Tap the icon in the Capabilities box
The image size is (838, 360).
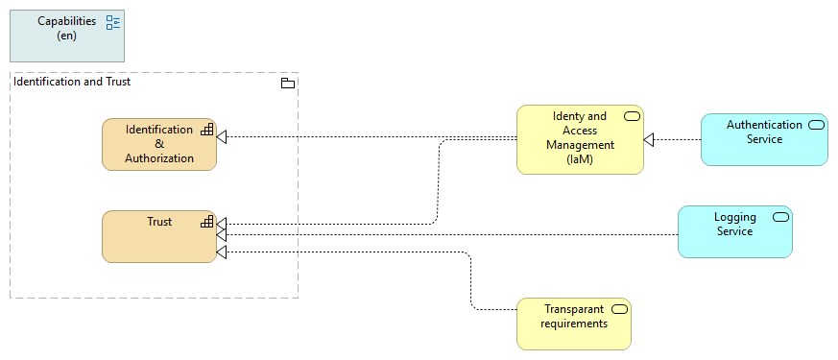click(x=113, y=22)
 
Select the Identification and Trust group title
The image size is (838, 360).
click(x=72, y=82)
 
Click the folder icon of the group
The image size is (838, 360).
click(x=287, y=84)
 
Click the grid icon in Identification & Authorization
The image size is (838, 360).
click(x=206, y=130)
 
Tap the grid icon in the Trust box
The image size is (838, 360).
click(x=206, y=222)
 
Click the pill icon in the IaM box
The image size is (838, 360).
click(x=632, y=116)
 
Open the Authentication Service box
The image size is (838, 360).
click(x=764, y=139)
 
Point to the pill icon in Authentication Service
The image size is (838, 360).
click(x=816, y=125)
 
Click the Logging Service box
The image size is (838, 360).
click(x=735, y=231)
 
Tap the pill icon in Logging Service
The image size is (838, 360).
click(x=780, y=217)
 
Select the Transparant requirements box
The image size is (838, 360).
click(x=574, y=324)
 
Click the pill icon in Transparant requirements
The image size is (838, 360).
click(x=619, y=309)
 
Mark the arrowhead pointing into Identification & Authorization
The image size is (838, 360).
click(x=222, y=137)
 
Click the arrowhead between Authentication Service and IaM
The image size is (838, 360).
click(x=649, y=140)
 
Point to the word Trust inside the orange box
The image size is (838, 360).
click(x=159, y=222)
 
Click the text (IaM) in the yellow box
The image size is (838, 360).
click(x=580, y=160)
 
